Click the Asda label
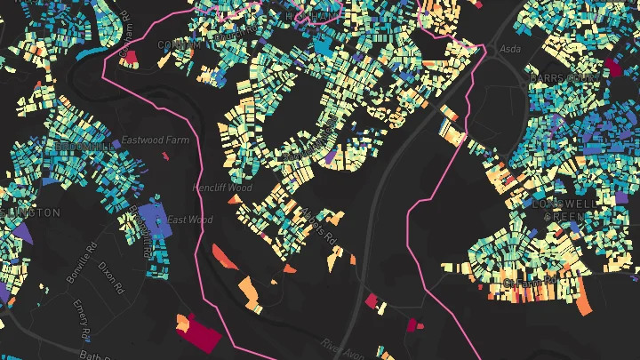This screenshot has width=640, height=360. [509, 49]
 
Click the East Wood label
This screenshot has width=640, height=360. [189, 220]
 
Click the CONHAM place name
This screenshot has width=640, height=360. [175, 44]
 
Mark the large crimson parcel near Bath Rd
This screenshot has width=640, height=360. [202, 334]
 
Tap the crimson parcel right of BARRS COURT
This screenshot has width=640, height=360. [615, 67]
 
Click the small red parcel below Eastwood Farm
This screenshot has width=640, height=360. [165, 156]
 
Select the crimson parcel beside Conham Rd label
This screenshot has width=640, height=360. [130, 57]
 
